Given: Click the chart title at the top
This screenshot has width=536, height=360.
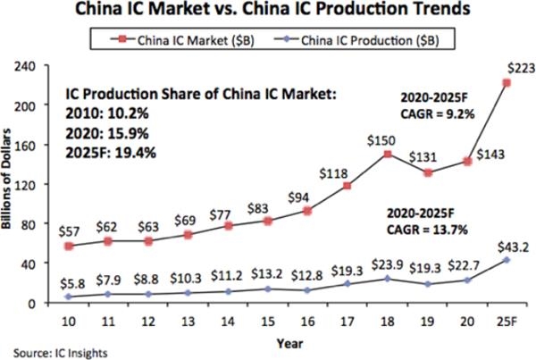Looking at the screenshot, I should click(268, 12).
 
